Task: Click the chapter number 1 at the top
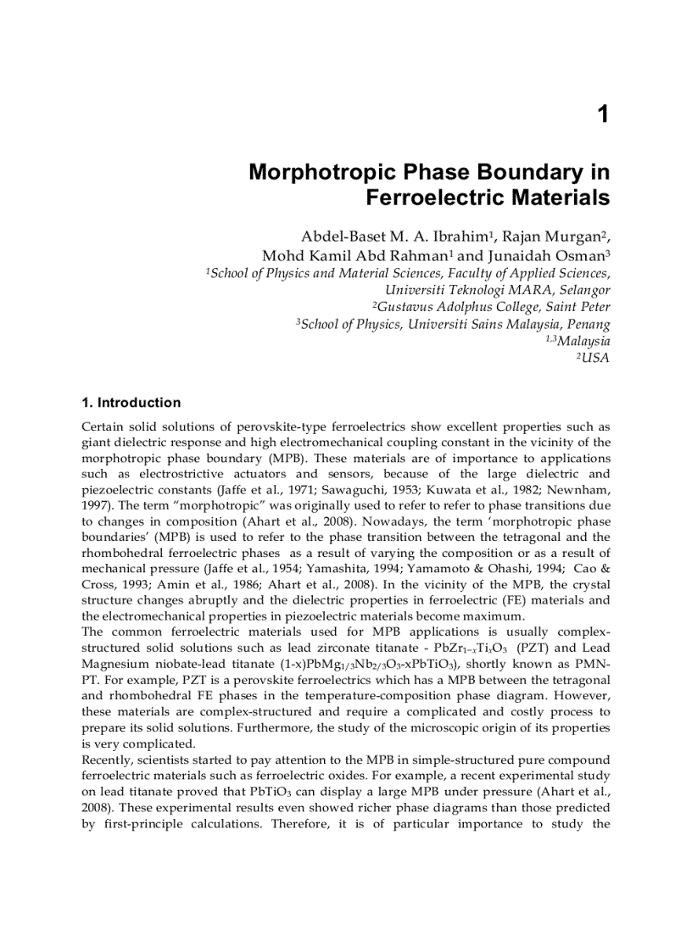[x=603, y=114]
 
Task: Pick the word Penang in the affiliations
[x=587, y=324]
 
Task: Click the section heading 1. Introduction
[x=131, y=403]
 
